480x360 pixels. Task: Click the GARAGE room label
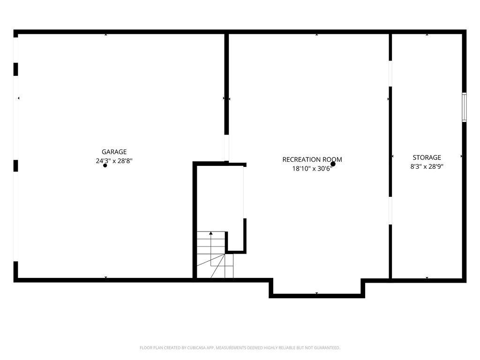coord(114,152)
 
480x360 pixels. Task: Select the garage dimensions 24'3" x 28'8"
coord(114,161)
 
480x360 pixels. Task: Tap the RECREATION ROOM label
coord(312,159)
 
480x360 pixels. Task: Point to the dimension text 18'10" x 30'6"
coord(312,168)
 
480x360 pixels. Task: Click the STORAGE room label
coord(427,157)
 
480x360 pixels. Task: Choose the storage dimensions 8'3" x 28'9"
coord(427,166)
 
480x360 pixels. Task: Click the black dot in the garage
coord(105,165)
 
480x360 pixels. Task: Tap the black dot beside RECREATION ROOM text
coord(333,164)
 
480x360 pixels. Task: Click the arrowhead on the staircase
coord(211,233)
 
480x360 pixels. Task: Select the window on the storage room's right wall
coord(464,107)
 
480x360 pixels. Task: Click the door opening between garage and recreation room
coord(226,148)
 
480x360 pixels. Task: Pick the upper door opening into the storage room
coord(390,74)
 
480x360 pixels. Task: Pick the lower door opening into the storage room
coord(390,210)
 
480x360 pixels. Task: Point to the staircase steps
coord(215,255)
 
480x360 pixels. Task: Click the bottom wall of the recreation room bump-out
coord(317,296)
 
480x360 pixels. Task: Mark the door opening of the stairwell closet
coord(245,193)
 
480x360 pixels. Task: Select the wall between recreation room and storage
coord(390,156)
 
